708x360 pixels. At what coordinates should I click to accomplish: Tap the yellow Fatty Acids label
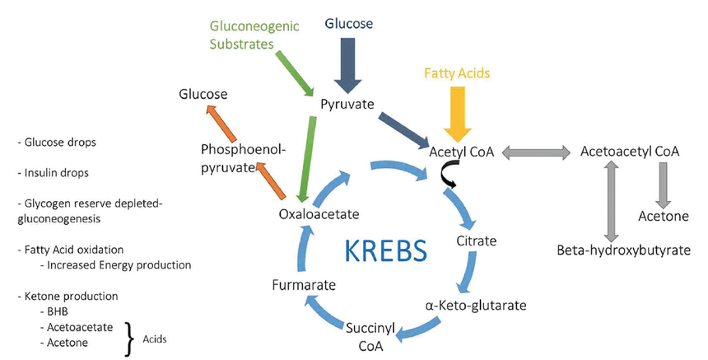457,73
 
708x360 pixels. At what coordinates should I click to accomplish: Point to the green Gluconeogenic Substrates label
244,35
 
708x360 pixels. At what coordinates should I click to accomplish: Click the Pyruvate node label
348,105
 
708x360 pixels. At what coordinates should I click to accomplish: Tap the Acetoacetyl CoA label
630,152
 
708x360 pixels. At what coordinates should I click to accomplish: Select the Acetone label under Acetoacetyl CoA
664,216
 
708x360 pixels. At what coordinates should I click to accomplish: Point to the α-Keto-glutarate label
475,306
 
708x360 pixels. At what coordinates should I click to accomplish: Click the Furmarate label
304,285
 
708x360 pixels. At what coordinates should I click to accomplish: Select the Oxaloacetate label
319,214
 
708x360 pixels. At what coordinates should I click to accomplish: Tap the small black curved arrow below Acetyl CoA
449,173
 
